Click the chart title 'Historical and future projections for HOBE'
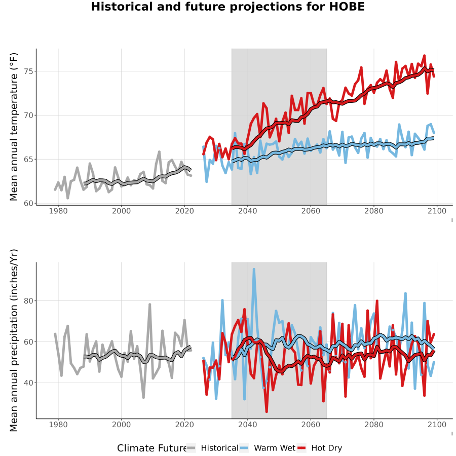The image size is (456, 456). tap(227, 7)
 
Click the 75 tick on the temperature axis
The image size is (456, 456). tap(29, 71)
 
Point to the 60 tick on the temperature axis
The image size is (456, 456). tap(29, 203)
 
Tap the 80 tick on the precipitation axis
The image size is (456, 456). tap(29, 300)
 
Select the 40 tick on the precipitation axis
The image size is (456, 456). tap(29, 383)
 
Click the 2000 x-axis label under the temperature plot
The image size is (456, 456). tap(121, 211)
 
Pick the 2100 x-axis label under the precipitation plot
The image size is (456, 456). tap(437, 425)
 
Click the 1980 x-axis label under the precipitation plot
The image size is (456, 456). tap(58, 425)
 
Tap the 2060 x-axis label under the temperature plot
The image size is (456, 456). tap(311, 211)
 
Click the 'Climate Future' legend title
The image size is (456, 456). tap(152, 448)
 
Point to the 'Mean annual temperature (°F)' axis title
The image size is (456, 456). tap(14, 127)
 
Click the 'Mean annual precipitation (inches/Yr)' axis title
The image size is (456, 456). tap(14, 340)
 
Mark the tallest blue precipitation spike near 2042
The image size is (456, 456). tap(254, 270)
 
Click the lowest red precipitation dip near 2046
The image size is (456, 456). tap(267, 412)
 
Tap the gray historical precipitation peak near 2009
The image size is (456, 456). tap(150, 304)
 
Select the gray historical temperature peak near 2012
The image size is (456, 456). tap(160, 151)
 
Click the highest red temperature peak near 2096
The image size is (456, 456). tap(424, 55)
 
